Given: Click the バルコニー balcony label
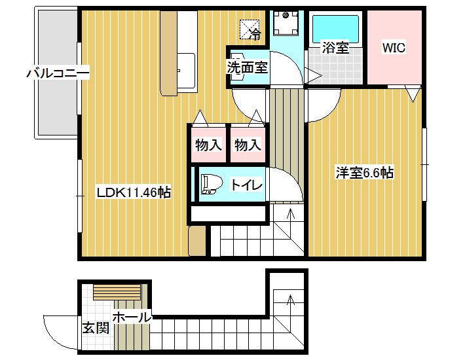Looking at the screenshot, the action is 58,73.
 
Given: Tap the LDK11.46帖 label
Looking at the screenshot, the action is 134,193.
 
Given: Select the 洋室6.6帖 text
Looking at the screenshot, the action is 364,173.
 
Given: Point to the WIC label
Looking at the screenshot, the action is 394,48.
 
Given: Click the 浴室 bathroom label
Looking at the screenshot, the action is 335,47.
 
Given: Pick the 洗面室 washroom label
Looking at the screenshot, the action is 248,67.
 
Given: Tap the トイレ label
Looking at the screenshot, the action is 247,185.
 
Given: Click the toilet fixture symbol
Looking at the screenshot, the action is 212,184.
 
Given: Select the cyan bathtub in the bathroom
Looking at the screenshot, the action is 335,29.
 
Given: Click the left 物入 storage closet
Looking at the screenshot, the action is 208,145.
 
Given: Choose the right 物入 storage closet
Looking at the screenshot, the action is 248,145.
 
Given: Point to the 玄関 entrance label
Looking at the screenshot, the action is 96,328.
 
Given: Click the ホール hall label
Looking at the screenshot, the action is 132,317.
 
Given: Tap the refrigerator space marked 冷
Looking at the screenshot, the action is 250,29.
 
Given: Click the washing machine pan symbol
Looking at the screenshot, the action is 286,23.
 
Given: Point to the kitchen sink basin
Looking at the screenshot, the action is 187,71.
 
